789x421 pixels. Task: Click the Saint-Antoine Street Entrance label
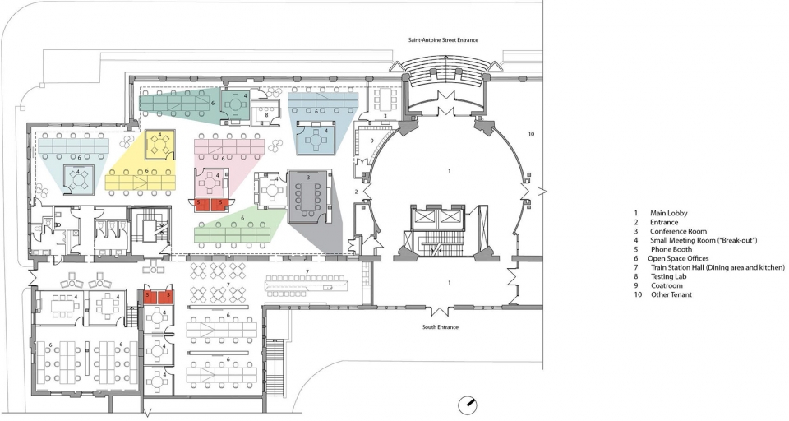[x=443, y=39]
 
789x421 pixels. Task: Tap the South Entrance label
[x=441, y=327]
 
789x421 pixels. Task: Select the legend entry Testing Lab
[x=668, y=276]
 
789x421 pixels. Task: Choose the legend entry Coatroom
[x=667, y=285]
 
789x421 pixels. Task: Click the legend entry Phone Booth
[x=671, y=249]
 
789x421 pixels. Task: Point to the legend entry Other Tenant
[x=671, y=294]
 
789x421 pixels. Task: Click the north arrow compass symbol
[x=468, y=405]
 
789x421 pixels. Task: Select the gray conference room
[x=308, y=196]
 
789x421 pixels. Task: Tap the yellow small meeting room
[x=160, y=145]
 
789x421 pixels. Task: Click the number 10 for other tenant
[x=531, y=134]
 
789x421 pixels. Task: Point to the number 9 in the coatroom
[x=371, y=141]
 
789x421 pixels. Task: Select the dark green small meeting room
[x=235, y=104]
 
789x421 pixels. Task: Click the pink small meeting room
[x=210, y=183]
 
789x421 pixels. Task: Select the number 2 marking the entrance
[x=356, y=192]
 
